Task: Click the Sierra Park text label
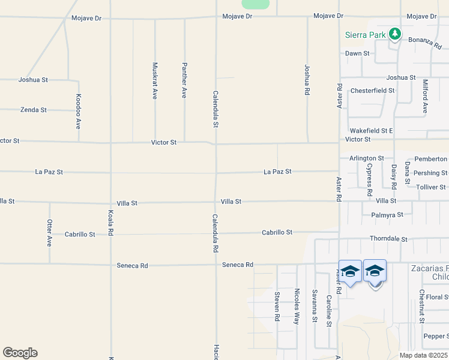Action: (365, 35)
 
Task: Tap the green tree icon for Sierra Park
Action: (394, 34)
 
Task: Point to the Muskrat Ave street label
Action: (155, 80)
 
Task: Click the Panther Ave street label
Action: (184, 80)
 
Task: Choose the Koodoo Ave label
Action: (78, 112)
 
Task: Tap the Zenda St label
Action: (34, 110)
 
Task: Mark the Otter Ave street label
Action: (49, 233)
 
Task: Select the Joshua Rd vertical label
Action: (307, 80)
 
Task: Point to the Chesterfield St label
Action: (372, 91)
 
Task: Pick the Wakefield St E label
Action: (371, 130)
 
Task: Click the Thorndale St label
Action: (388, 239)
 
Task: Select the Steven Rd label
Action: (277, 305)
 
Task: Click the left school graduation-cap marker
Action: (351, 272)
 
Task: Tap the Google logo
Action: (20, 353)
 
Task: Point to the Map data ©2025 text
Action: (424, 355)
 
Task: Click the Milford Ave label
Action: (425, 96)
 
